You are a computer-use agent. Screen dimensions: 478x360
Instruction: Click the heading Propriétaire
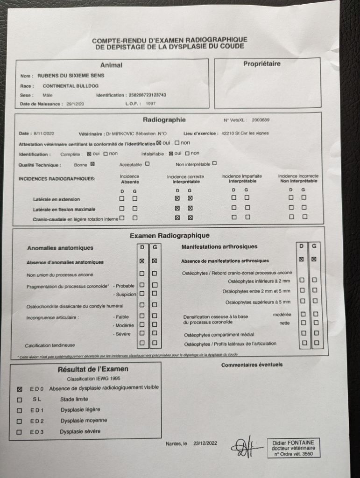(x=262, y=63)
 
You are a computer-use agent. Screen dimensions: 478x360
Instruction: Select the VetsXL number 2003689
(x=260, y=120)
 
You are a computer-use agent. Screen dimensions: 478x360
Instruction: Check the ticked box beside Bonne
(x=92, y=164)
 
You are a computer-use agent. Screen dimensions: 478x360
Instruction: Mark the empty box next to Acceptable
(x=148, y=164)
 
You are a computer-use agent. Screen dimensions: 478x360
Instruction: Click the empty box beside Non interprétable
(x=214, y=163)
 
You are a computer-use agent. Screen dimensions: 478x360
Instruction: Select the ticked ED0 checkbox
(x=19, y=388)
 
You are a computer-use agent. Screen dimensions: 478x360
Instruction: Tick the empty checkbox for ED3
(x=19, y=432)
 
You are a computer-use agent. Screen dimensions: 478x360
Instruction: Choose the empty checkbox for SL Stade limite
(x=19, y=400)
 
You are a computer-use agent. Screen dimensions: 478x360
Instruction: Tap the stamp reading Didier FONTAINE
(x=293, y=448)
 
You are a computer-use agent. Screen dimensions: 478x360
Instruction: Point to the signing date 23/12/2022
(x=205, y=443)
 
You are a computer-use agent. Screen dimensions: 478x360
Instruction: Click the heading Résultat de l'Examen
(x=93, y=369)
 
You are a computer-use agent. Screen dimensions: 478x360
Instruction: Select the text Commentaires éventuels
(x=252, y=365)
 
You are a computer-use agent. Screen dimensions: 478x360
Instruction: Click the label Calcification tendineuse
(x=50, y=345)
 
